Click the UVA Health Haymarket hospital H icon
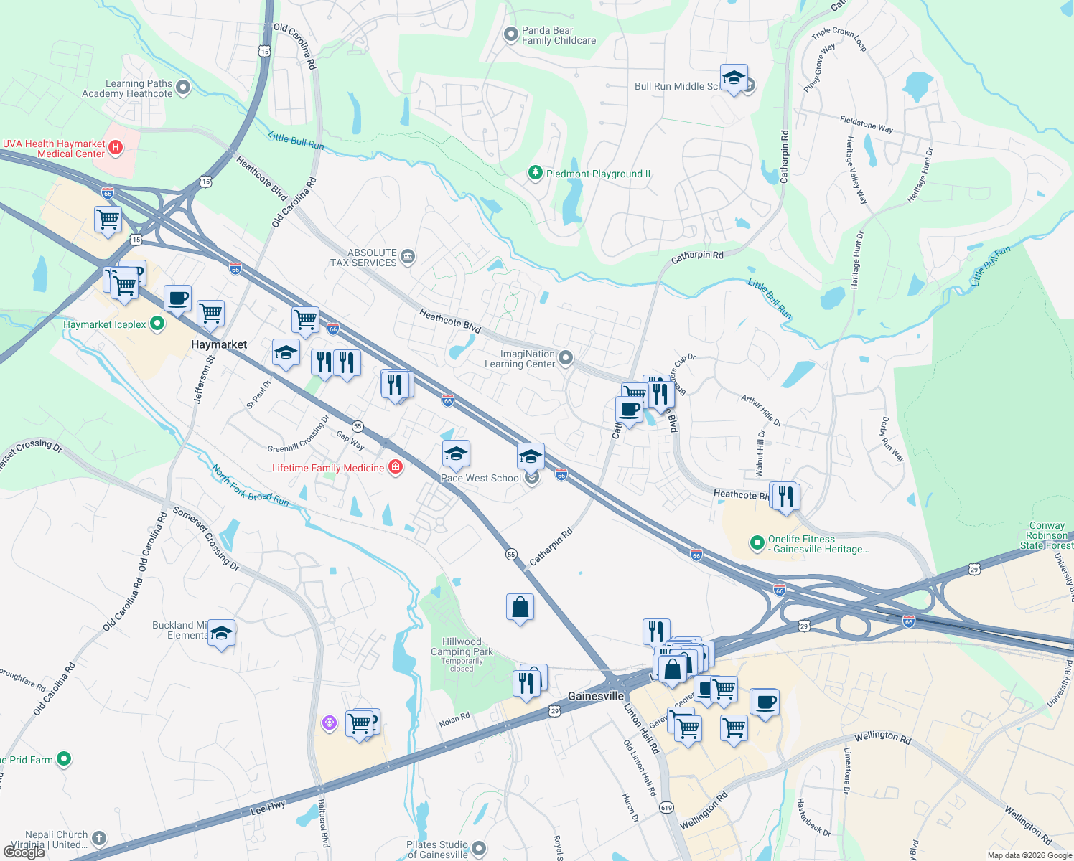[115, 149]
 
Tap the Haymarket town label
[219, 344]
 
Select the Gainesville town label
[596, 696]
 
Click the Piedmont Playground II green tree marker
[535, 173]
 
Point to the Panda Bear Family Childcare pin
[510, 34]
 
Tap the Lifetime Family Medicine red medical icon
[395, 468]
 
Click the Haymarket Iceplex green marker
[157, 324]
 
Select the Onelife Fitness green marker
[757, 543]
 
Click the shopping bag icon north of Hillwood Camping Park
[520, 607]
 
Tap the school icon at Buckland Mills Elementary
[221, 633]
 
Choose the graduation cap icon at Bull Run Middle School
[733, 77]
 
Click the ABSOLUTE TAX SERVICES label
[363, 258]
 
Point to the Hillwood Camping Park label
[462, 647]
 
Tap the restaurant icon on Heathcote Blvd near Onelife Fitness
[785, 496]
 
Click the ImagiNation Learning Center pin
[566, 358]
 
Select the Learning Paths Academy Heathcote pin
[183, 88]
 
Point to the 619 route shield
[666, 807]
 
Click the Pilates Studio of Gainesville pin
[479, 850]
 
